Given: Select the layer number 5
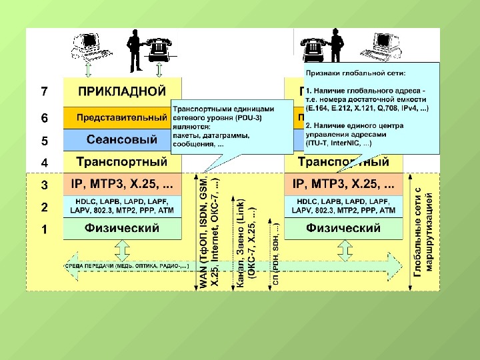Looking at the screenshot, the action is pyautogui.click(x=44, y=141).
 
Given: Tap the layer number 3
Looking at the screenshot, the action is pyautogui.click(x=44, y=185).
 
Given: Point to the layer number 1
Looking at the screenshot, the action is pyautogui.click(x=44, y=229).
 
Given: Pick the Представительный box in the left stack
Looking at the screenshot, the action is pyautogui.click(x=117, y=117).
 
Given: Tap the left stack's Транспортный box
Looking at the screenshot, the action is pyautogui.click(x=121, y=161).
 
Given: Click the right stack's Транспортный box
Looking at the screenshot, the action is pyautogui.click(x=343, y=161).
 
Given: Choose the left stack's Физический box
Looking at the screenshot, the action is pyautogui.click(x=121, y=229).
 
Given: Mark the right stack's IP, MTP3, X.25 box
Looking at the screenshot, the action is pyautogui.click(x=343, y=183).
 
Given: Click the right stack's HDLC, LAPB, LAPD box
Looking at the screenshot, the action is pyautogui.click(x=343, y=206).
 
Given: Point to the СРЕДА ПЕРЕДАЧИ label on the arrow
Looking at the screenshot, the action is pyautogui.click(x=127, y=265).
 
